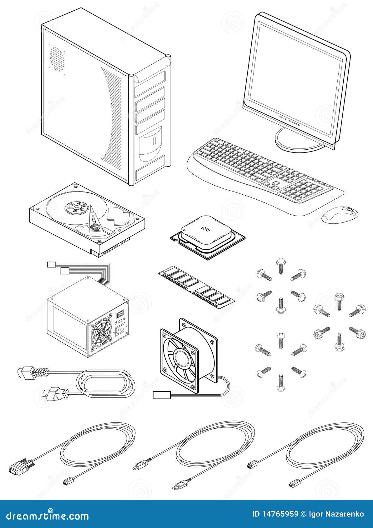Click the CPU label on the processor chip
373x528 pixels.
[206, 229]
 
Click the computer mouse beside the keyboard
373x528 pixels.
[340, 215]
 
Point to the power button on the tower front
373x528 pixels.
[154, 141]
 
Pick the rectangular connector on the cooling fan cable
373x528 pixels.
[161, 395]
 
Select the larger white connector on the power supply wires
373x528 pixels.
[64, 271]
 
